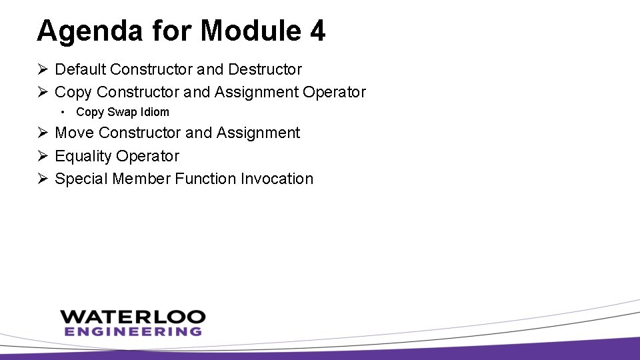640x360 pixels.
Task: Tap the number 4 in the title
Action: [317, 31]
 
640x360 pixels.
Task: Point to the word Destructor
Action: [265, 69]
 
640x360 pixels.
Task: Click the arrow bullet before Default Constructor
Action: [42, 69]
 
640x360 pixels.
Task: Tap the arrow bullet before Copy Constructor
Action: [42, 92]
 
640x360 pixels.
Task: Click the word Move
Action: [75, 133]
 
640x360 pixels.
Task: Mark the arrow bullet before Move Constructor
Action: [42, 133]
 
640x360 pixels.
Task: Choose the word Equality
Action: [83, 156]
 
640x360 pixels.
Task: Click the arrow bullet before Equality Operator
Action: [42, 156]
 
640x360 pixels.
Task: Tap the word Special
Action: [82, 179]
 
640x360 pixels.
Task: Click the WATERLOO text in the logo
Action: [133, 317]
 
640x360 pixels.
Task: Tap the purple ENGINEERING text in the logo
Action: [133, 331]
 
